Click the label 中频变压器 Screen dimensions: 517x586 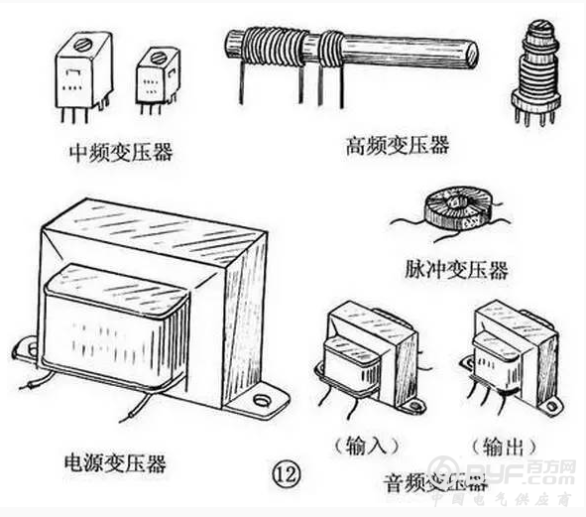click(x=120, y=153)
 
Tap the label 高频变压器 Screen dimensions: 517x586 click(x=397, y=145)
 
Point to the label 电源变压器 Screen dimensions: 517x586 click(x=114, y=463)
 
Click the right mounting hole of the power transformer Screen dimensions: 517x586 click(x=263, y=402)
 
